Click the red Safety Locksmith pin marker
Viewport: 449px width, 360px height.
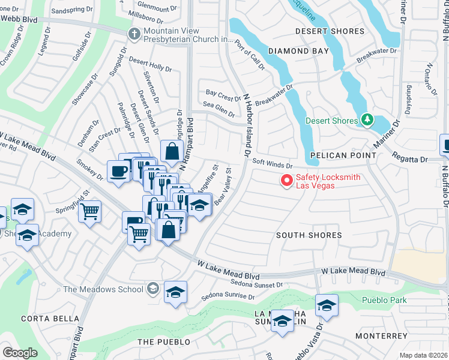coord(287,179)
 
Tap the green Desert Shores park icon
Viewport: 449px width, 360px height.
coord(367,121)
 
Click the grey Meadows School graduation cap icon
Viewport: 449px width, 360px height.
coord(153,289)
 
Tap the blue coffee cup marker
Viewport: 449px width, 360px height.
coord(118,170)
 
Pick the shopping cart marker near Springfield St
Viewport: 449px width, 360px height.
coord(89,211)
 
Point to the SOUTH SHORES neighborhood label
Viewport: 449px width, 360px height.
coord(309,235)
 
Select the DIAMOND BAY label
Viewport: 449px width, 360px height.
coord(298,51)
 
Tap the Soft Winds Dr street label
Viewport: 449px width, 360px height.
coord(272,163)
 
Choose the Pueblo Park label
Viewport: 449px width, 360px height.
coord(384,300)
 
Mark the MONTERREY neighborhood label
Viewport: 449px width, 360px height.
coord(382,336)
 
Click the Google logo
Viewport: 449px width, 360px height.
coord(20,353)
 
